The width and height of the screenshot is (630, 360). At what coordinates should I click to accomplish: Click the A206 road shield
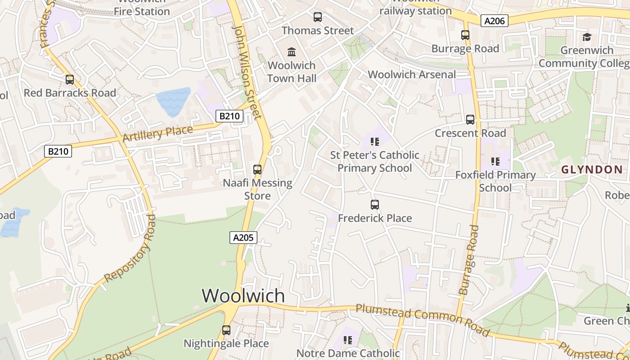[x=494, y=21]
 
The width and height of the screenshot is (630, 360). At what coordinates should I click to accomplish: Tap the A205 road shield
[x=243, y=238]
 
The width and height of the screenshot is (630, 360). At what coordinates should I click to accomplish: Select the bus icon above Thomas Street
[x=318, y=17]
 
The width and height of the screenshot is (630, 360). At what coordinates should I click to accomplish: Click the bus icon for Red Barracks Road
[x=70, y=80]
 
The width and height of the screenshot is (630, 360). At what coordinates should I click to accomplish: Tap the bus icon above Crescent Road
[x=470, y=120]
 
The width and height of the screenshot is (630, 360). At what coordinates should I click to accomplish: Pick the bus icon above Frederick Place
[x=375, y=205]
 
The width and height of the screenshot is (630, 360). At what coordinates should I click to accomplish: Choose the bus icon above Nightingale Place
[x=226, y=330]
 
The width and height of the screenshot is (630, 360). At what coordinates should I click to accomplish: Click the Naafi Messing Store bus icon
[x=257, y=170]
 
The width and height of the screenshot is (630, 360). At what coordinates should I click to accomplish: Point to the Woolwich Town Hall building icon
[x=292, y=52]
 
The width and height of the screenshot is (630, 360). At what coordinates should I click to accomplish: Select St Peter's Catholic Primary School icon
[x=375, y=142]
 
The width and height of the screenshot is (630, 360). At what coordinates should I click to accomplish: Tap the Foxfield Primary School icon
[x=495, y=162]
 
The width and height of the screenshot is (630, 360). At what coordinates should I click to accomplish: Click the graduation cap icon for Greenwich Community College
[x=587, y=37]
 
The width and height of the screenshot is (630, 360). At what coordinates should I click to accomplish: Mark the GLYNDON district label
[x=592, y=170]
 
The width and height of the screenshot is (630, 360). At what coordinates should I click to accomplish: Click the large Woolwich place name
[x=243, y=296]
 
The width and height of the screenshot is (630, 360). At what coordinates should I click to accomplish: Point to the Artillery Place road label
[x=157, y=134]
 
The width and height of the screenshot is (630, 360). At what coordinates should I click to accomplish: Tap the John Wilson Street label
[x=247, y=72]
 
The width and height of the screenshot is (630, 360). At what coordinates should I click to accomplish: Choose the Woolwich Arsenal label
[x=412, y=75]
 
